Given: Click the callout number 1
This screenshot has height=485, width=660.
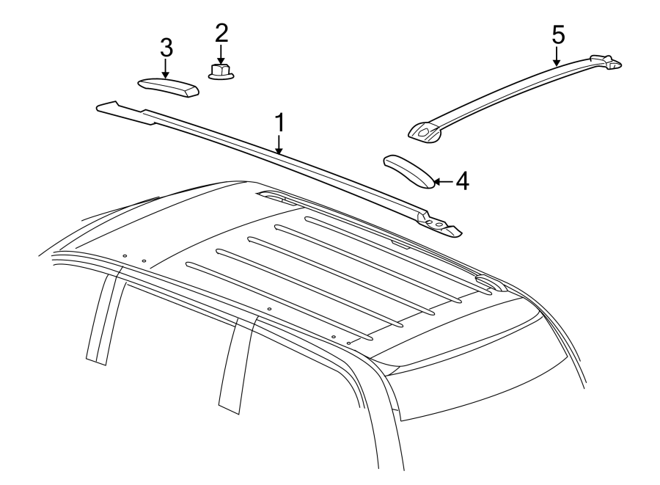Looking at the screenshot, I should [x=280, y=123].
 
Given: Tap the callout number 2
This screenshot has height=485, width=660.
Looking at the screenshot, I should [x=221, y=32].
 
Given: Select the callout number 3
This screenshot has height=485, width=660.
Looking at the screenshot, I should [x=166, y=48].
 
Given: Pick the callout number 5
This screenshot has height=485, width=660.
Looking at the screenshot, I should [x=558, y=33].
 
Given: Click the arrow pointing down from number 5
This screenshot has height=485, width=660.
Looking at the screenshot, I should [x=557, y=56].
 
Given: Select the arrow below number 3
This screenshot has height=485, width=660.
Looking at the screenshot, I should [x=166, y=68].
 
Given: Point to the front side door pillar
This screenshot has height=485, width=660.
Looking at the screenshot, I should [x=103, y=316].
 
